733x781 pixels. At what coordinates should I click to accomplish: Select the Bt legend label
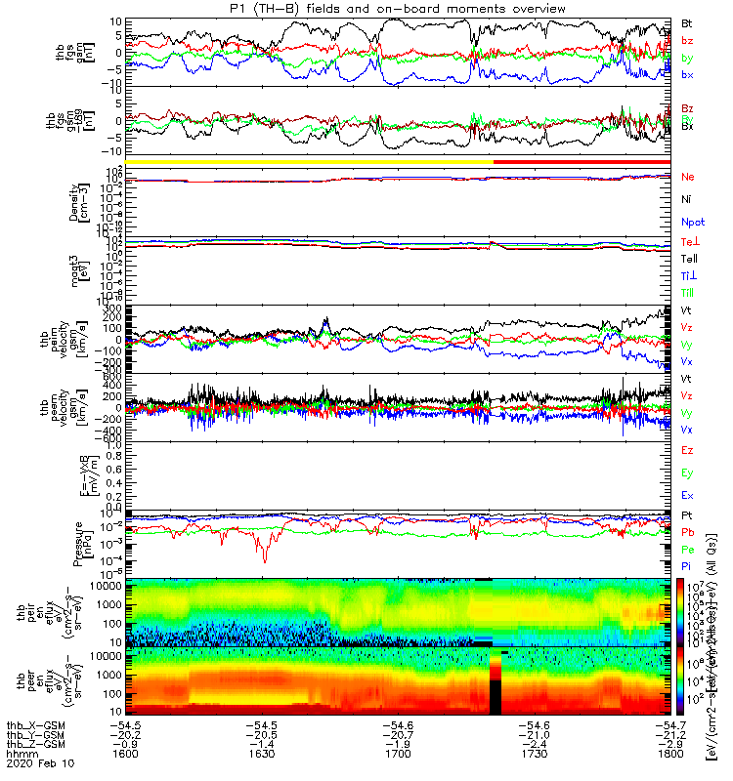[687, 21]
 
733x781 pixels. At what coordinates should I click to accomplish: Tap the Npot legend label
[691, 221]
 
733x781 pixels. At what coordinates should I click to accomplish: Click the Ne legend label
[688, 177]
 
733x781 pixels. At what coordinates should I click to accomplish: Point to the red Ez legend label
[688, 450]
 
